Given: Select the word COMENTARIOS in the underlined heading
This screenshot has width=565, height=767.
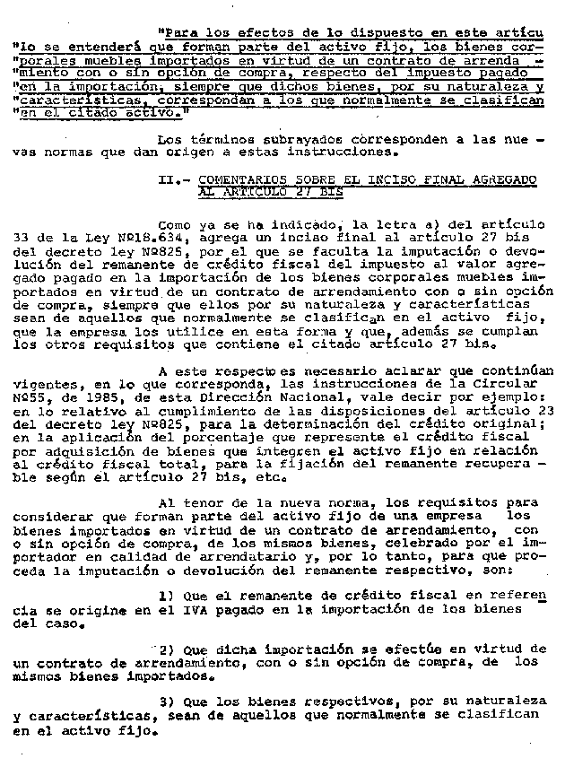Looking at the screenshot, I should pos(239,180).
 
